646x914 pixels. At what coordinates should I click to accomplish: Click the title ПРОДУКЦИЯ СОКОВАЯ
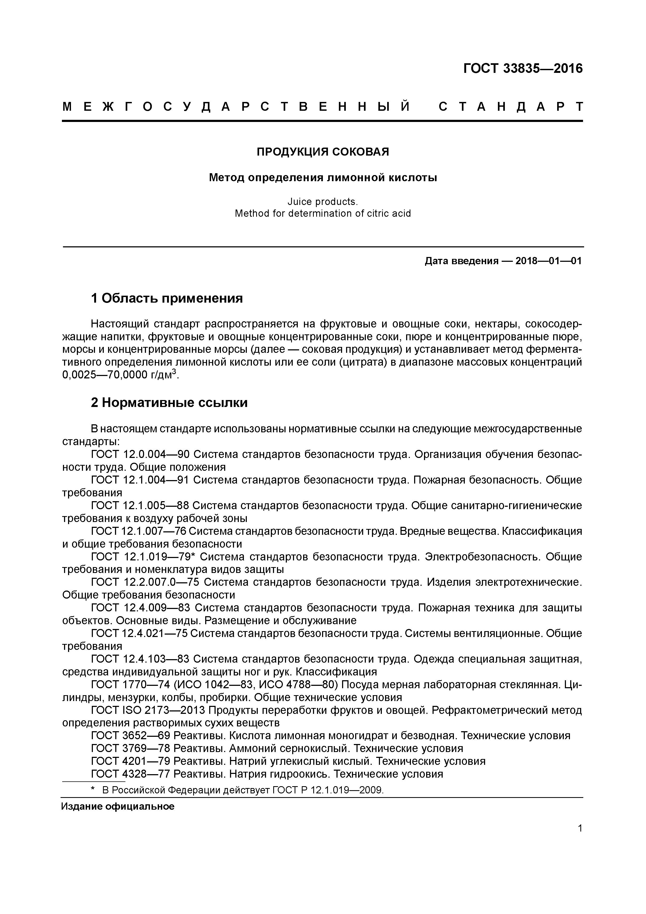(323, 152)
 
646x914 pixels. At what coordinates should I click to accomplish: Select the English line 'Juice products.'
(323, 202)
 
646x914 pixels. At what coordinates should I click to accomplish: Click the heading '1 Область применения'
(167, 298)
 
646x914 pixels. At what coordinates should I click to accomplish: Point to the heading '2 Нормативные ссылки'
(169, 402)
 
